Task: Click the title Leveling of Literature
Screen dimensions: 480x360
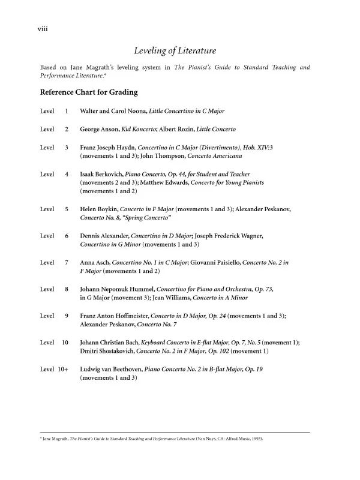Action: click(x=175, y=51)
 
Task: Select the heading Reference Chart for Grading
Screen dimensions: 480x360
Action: click(x=89, y=92)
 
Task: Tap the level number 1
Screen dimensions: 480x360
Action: click(x=66, y=112)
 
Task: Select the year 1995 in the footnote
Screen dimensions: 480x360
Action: click(x=256, y=439)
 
